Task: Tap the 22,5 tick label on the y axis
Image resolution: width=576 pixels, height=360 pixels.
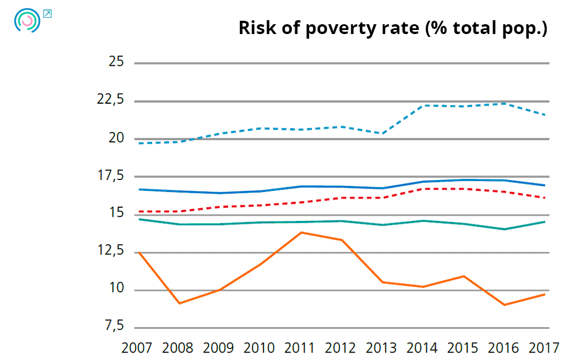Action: (x=110, y=100)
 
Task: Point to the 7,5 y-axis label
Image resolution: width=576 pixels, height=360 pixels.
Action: (x=114, y=327)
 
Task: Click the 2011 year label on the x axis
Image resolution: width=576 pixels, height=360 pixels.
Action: (x=301, y=348)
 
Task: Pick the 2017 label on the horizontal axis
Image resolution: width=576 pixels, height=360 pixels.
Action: (x=544, y=348)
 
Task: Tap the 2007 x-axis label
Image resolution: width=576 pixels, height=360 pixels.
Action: (x=137, y=348)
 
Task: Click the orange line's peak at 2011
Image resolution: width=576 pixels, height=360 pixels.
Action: (x=301, y=232)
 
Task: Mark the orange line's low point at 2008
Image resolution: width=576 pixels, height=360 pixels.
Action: (x=179, y=303)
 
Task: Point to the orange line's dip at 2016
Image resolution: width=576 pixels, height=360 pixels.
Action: (x=505, y=305)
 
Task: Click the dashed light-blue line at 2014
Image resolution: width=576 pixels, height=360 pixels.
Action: (x=423, y=106)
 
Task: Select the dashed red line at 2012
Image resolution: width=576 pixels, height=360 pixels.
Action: (x=341, y=198)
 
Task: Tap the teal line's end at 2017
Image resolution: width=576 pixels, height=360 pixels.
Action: (x=544, y=222)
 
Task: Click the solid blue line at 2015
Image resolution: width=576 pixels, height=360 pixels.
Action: (x=464, y=179)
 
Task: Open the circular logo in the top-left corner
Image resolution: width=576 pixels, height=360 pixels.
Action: (x=27, y=20)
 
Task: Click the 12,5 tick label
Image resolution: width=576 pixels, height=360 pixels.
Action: (x=110, y=251)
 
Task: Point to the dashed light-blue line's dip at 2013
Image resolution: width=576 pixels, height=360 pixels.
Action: (x=382, y=133)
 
